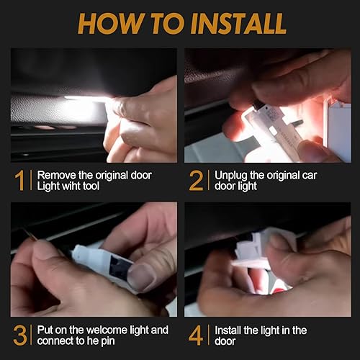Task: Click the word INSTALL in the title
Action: point(238,24)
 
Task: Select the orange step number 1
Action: point(19,181)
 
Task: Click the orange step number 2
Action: point(197,181)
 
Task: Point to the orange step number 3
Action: point(20,336)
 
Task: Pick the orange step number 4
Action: point(196,336)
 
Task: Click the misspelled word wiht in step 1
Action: point(71,186)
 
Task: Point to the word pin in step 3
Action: point(107,342)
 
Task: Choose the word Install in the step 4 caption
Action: point(228,330)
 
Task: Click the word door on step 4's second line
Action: point(225,341)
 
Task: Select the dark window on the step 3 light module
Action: point(120,267)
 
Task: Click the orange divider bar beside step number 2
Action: point(209,181)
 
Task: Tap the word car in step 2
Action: point(310,176)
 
